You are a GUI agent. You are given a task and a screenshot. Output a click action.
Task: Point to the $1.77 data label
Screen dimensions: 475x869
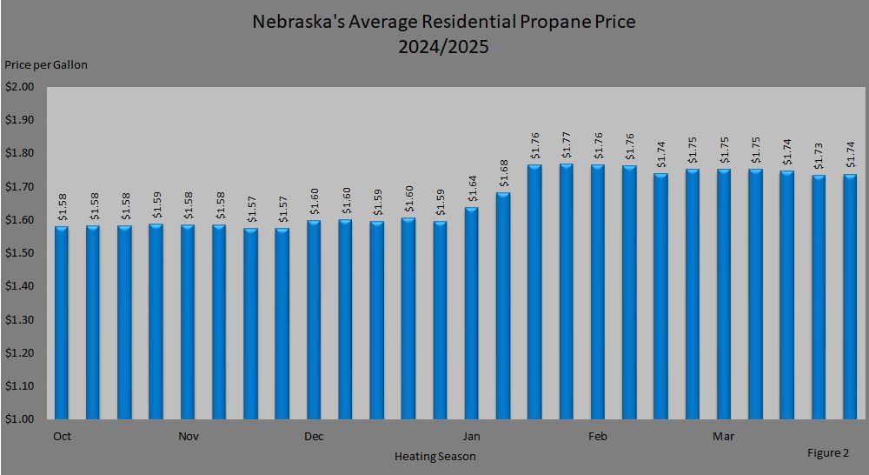[x=567, y=144]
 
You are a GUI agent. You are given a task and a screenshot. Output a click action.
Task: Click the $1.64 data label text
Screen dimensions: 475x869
[x=472, y=188]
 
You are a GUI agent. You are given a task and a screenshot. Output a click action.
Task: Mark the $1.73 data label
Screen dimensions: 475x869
[x=819, y=157]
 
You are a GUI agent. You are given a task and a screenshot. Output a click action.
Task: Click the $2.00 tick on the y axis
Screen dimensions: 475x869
[x=19, y=87]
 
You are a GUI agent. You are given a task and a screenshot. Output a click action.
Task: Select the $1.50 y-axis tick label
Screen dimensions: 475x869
[x=19, y=253]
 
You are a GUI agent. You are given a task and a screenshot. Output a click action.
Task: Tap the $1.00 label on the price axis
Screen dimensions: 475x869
[x=19, y=419]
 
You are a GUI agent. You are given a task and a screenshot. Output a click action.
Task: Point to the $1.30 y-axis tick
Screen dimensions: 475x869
[x=19, y=320]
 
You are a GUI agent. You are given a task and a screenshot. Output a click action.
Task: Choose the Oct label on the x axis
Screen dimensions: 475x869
[x=62, y=437]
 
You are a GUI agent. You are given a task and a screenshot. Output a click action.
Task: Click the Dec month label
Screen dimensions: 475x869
[x=314, y=437]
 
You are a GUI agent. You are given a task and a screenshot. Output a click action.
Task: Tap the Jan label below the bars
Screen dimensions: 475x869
[x=472, y=437]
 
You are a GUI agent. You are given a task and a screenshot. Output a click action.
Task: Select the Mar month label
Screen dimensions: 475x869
[x=723, y=437]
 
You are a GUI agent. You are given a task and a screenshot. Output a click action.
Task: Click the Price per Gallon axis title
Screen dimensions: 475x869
[x=46, y=64]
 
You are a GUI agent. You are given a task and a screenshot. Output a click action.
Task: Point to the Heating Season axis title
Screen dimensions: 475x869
[x=434, y=456]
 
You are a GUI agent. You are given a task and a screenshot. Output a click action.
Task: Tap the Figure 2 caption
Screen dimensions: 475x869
[x=829, y=452]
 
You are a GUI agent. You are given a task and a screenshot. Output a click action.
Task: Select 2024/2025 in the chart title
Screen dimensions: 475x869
[x=443, y=47]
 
